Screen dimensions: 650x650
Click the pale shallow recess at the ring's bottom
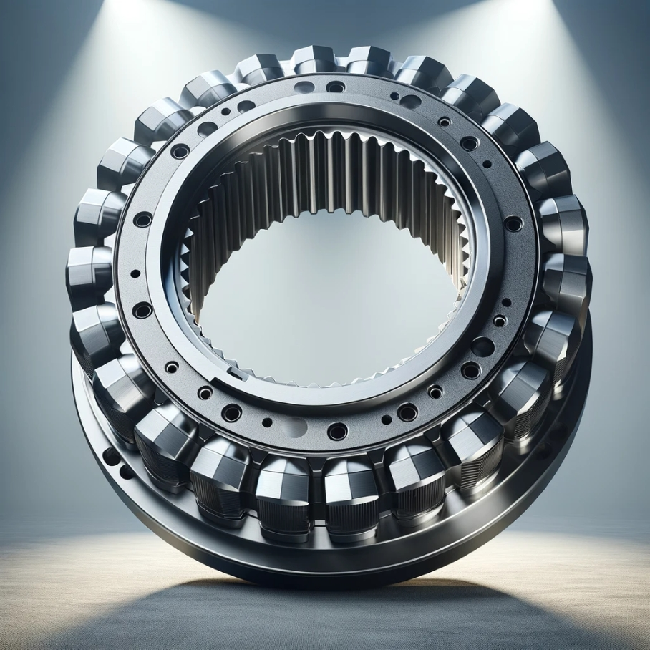(x=294, y=427)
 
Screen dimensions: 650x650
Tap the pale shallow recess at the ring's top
(x=304, y=87)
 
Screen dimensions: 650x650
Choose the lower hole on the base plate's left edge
(x=127, y=471)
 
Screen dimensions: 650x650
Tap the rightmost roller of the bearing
(x=567, y=283)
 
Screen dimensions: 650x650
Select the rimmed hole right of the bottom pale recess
(x=337, y=431)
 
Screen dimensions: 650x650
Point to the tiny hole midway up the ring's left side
(x=135, y=273)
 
